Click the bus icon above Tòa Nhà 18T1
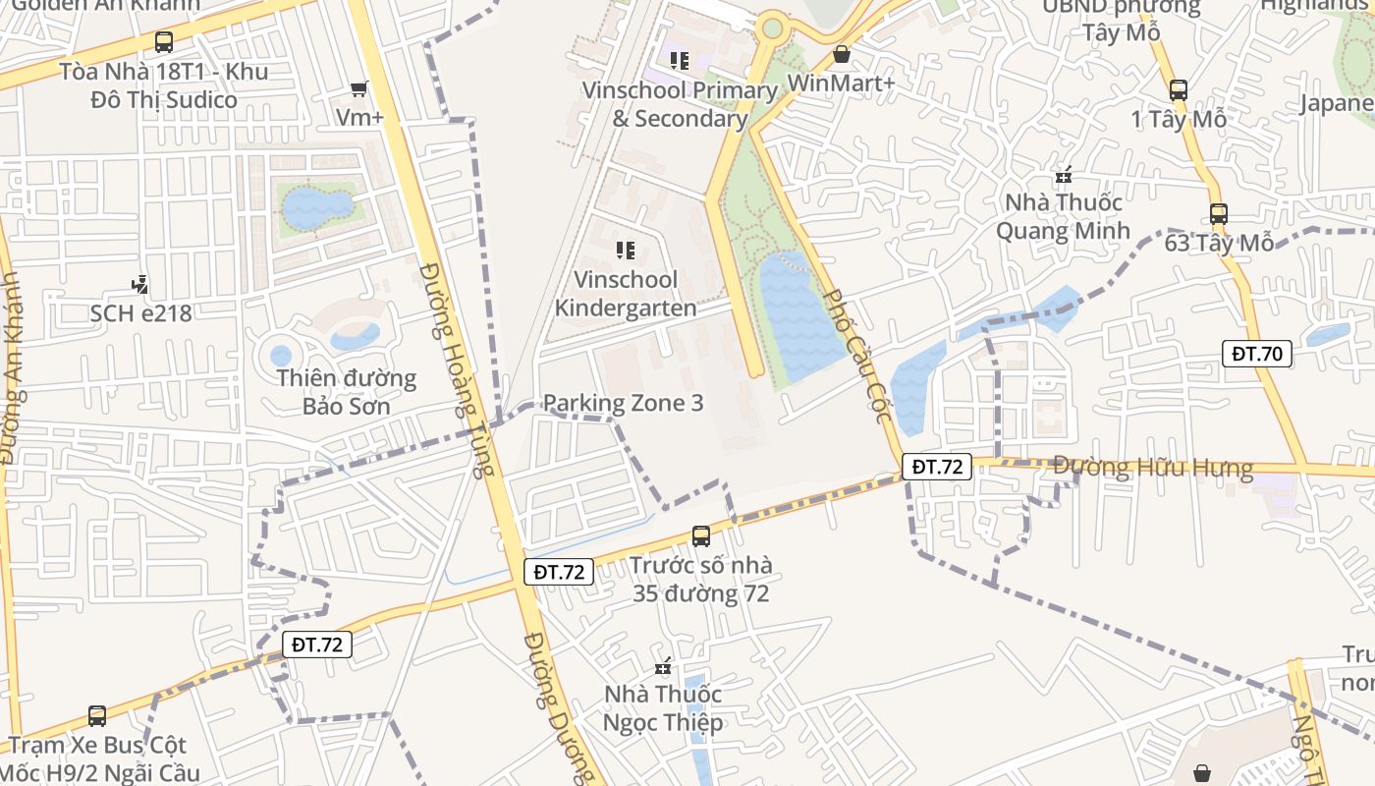(164, 42)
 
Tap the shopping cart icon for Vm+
(359, 89)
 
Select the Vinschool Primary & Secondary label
(680, 104)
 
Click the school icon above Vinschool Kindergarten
(625, 251)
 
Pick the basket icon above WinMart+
(841, 54)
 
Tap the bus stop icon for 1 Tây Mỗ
(1179, 90)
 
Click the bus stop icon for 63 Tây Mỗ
(1219, 213)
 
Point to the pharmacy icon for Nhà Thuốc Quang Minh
(1063, 177)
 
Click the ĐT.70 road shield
(1256, 354)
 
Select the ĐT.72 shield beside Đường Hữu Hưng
(937, 467)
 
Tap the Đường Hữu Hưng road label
(1153, 468)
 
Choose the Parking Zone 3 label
(623, 403)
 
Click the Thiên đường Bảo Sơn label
(346, 392)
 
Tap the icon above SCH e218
(140, 286)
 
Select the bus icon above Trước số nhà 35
(700, 536)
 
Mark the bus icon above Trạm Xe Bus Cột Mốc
(97, 716)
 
